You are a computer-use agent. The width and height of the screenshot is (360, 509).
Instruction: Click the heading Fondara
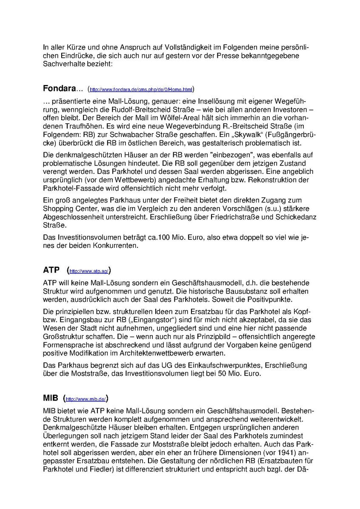59,89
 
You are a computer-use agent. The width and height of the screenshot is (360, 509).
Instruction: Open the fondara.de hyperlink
140,90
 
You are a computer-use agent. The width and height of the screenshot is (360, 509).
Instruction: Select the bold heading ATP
51,270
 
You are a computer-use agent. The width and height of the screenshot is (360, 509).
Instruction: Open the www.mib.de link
86,399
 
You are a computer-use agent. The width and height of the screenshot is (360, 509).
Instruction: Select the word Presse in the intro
220,56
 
